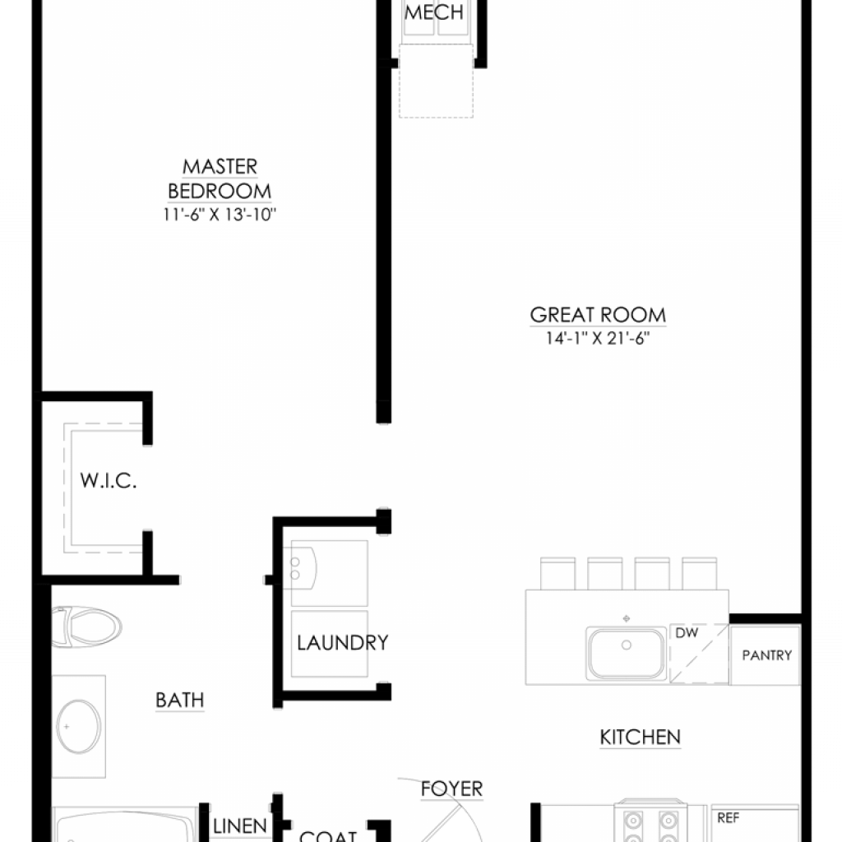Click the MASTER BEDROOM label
click(220, 178)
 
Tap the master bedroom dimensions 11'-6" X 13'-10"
click(220, 215)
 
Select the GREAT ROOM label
click(598, 315)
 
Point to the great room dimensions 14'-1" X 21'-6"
click(598, 338)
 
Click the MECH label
click(434, 12)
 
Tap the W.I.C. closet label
click(109, 480)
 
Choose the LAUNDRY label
click(343, 642)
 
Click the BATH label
click(180, 701)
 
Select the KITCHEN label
click(640, 738)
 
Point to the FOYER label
click(451, 789)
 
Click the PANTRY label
click(767, 655)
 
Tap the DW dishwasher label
click(687, 633)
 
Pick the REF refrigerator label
click(729, 818)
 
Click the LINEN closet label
click(240, 826)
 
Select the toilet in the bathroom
click(86, 627)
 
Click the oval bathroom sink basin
click(78, 727)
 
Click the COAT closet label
click(327, 835)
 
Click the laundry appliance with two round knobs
click(329, 573)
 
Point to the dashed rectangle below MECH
click(436, 81)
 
